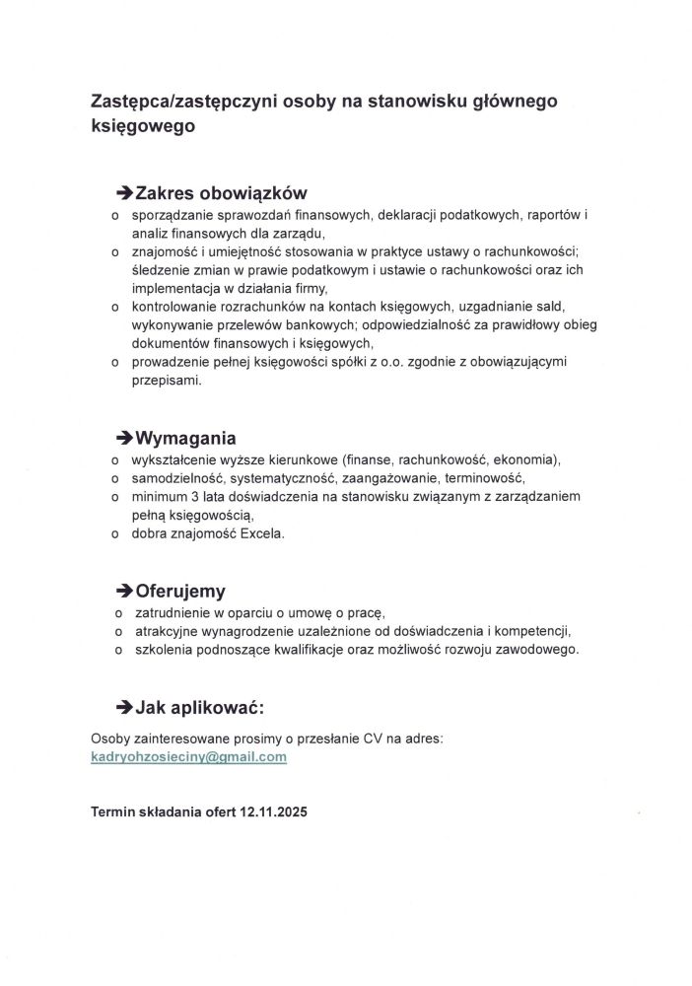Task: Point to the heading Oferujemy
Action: point(180,592)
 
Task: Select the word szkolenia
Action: point(165,650)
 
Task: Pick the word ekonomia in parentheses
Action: point(524,459)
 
